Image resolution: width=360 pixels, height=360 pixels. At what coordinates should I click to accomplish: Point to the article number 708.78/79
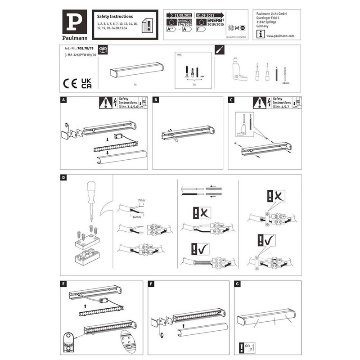pyautogui.click(x=85, y=48)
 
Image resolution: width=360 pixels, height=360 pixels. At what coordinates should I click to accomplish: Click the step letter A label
pyautogui.click(x=63, y=100)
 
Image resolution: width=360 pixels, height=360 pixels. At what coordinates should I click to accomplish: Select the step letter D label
pyautogui.click(x=63, y=178)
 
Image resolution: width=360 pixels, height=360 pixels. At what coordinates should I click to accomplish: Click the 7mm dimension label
pyautogui.click(x=142, y=199)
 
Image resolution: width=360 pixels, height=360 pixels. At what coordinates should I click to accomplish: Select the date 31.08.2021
pyautogui.click(x=179, y=14)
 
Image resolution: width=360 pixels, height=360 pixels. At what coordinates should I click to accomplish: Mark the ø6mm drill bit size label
pyautogui.click(x=284, y=84)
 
